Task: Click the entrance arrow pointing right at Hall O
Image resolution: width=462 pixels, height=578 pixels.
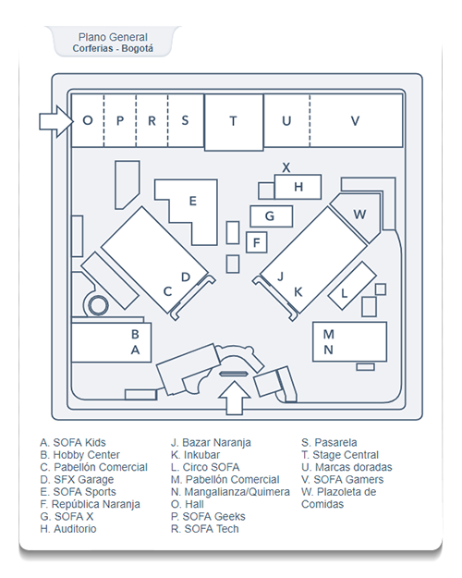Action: [x=56, y=121]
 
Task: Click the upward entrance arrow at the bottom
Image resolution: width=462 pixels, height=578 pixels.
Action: [x=235, y=398]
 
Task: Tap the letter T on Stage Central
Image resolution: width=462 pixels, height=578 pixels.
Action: [x=233, y=121]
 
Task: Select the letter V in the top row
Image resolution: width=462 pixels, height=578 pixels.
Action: [x=355, y=121]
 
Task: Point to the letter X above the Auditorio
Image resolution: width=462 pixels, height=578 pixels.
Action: [x=286, y=167]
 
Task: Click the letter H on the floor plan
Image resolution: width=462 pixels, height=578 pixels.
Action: [x=298, y=187]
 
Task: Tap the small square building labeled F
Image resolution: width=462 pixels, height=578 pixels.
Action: [x=257, y=242]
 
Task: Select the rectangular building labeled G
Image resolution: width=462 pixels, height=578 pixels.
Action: [x=272, y=216]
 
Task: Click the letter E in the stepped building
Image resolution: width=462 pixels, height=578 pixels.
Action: [x=193, y=201]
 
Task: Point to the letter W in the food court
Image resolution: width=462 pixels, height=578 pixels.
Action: [x=359, y=215]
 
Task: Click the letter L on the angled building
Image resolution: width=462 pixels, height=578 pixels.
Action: [x=344, y=293]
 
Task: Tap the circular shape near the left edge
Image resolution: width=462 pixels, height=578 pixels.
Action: [x=98, y=305]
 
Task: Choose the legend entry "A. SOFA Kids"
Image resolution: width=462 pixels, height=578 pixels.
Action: [x=73, y=442]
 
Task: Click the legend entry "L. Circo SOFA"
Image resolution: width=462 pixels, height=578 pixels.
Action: [x=205, y=467]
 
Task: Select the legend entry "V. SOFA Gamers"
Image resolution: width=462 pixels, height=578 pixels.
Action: [x=342, y=479]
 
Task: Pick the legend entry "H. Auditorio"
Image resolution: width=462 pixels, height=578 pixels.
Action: [x=68, y=529]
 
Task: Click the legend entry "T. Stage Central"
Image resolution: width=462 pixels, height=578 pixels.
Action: [x=340, y=455]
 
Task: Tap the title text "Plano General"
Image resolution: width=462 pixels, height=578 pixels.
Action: [x=113, y=37]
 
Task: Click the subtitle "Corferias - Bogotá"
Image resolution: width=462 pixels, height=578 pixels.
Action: [x=113, y=48]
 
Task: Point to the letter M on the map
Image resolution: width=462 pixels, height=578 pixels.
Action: [x=328, y=335]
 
